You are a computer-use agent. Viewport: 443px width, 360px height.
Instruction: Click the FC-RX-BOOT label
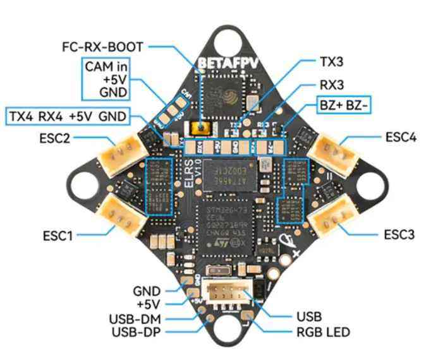(102, 47)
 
